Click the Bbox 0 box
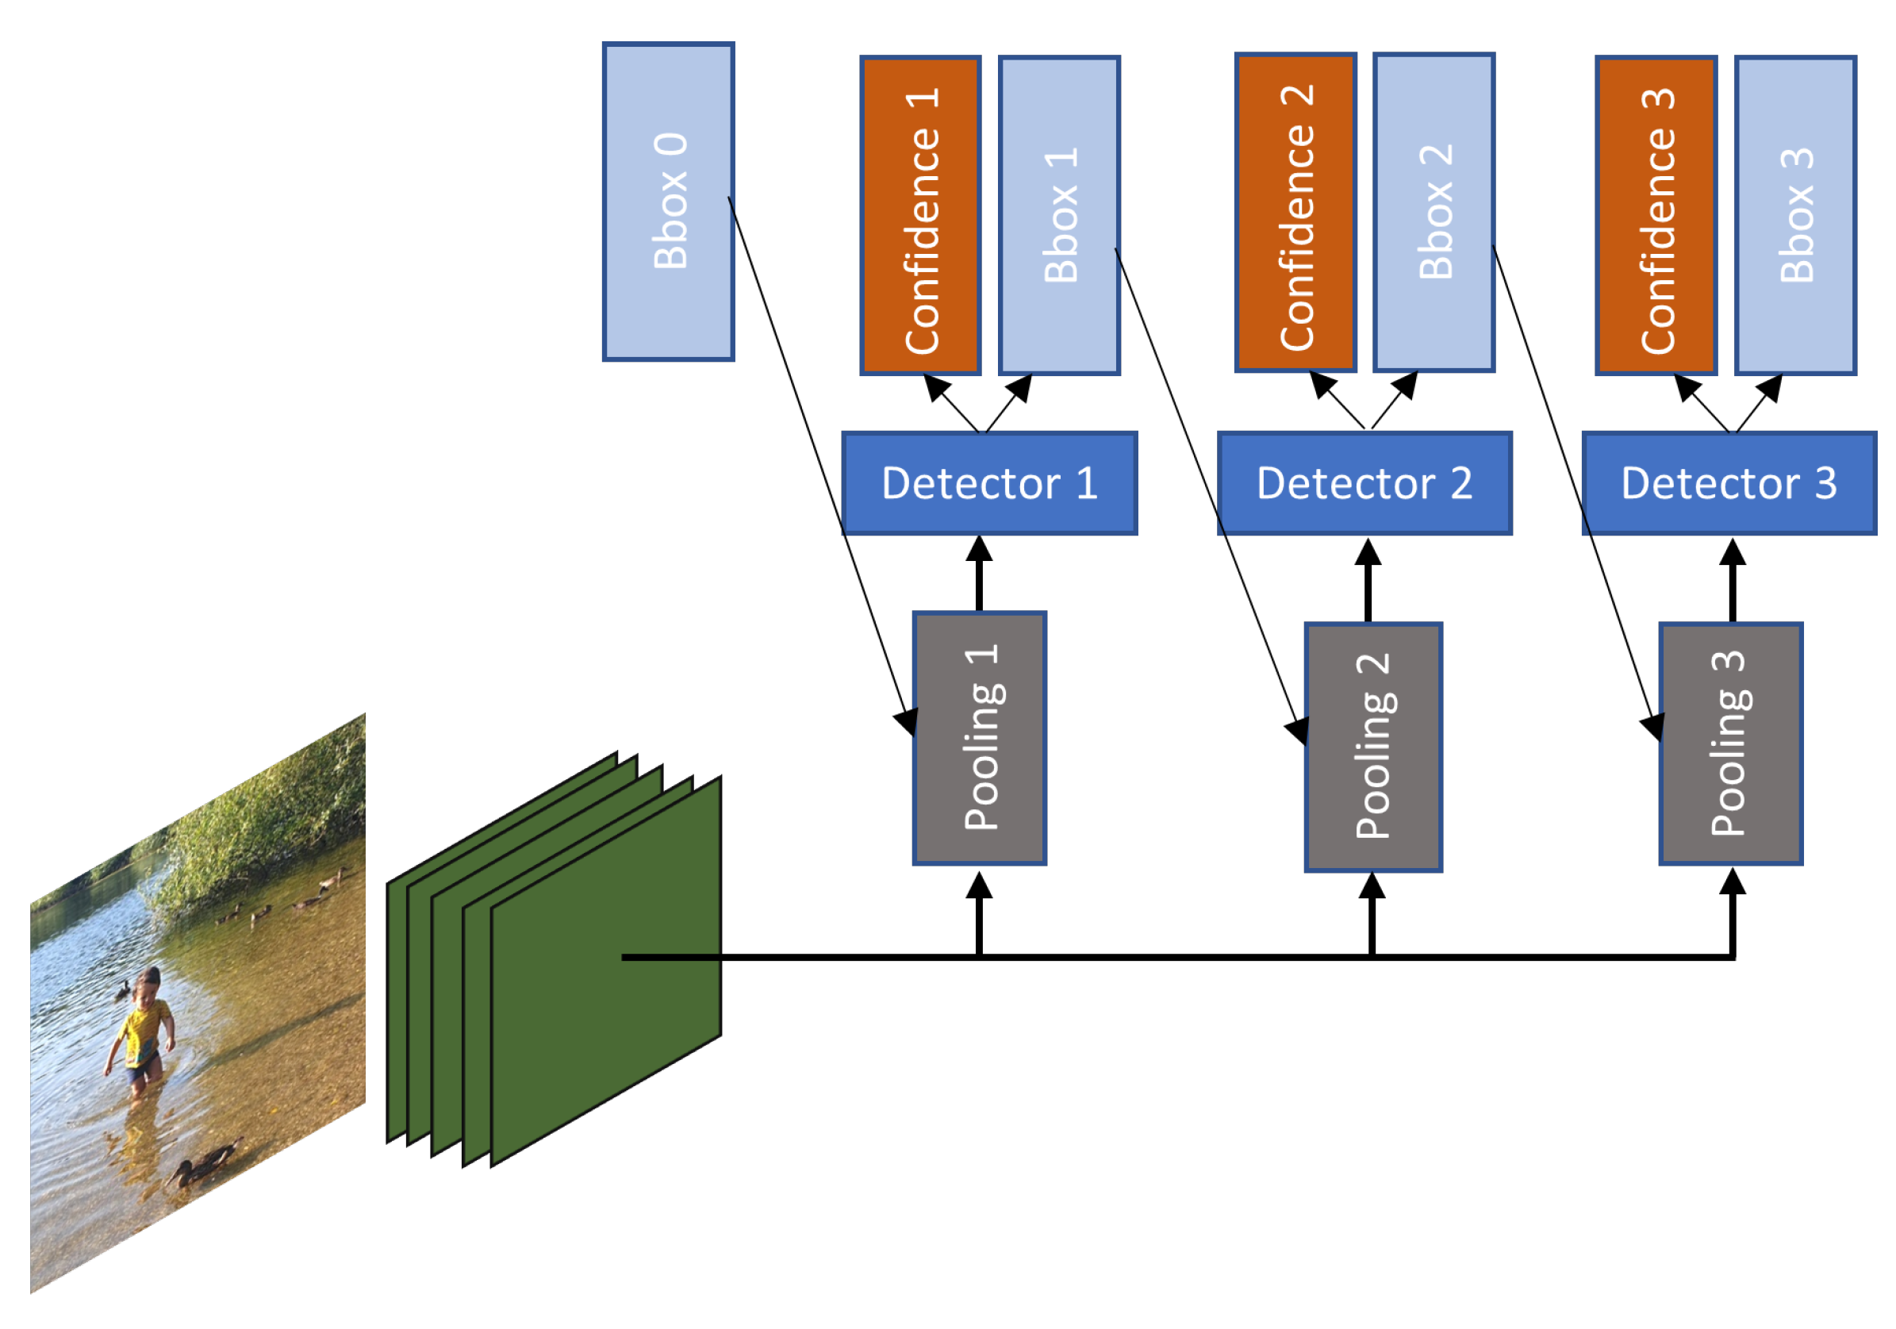[x=668, y=202]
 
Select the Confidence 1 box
[x=920, y=216]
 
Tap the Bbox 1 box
[x=1060, y=216]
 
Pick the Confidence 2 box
[x=1295, y=213]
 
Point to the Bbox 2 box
[x=1434, y=213]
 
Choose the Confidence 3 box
[x=1656, y=216]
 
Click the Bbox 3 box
[x=1796, y=216]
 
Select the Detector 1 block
[x=989, y=483]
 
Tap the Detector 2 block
[x=1365, y=483]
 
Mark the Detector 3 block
[x=1730, y=483]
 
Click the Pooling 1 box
[x=980, y=739]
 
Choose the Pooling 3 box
[x=1732, y=744]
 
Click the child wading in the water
[x=140, y=1032]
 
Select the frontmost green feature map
[x=607, y=971]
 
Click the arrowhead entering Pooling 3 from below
[x=1733, y=882]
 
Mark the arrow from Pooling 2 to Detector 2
[x=1368, y=581]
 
